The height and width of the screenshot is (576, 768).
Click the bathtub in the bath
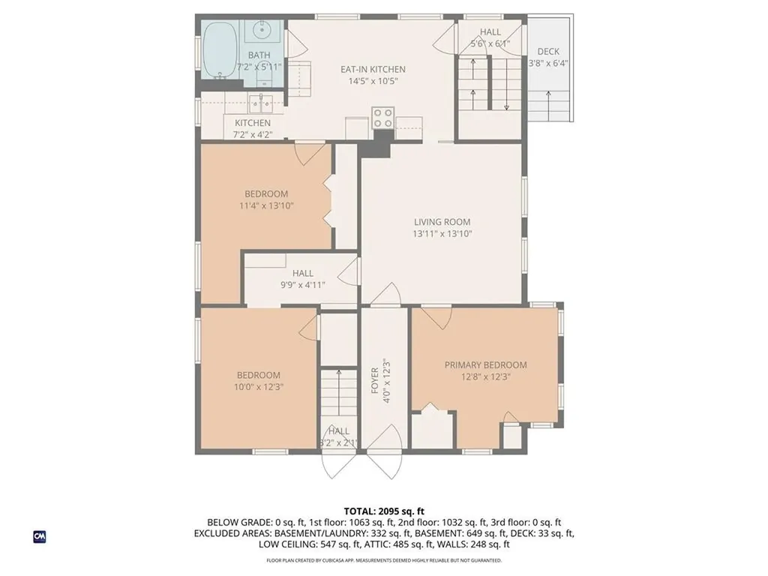[x=220, y=49]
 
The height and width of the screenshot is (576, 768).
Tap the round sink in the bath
[x=263, y=30]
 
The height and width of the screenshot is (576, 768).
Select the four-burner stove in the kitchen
[x=383, y=118]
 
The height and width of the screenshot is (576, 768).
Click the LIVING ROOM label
[x=442, y=222]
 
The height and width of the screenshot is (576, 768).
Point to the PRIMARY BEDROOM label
[x=485, y=365]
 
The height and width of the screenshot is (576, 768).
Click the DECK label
[x=548, y=52]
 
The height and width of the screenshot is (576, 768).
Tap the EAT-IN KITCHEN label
[x=373, y=70]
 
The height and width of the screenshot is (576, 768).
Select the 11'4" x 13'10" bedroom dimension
[x=266, y=205]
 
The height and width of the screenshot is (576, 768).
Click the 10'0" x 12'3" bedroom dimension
[x=259, y=387]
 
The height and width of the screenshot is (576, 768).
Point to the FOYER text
[x=375, y=380]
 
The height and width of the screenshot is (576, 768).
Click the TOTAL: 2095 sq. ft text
[x=384, y=511]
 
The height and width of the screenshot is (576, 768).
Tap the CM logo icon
[x=40, y=536]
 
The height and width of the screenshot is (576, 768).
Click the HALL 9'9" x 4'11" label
[x=303, y=279]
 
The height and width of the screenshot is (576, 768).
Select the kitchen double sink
[x=260, y=103]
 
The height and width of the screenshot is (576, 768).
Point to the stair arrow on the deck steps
[x=548, y=105]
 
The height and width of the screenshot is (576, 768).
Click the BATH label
[x=259, y=55]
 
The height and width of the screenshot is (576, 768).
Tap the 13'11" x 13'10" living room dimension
[x=442, y=234]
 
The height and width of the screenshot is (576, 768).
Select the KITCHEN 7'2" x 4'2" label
[x=253, y=128]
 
